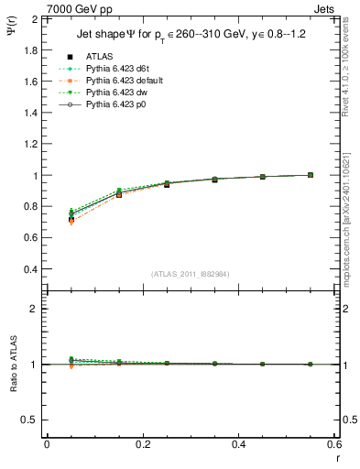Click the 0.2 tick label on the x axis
(143, 443)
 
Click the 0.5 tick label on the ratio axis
(31, 420)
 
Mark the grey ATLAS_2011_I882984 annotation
(191, 274)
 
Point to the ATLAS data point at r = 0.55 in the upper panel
(311, 175)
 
